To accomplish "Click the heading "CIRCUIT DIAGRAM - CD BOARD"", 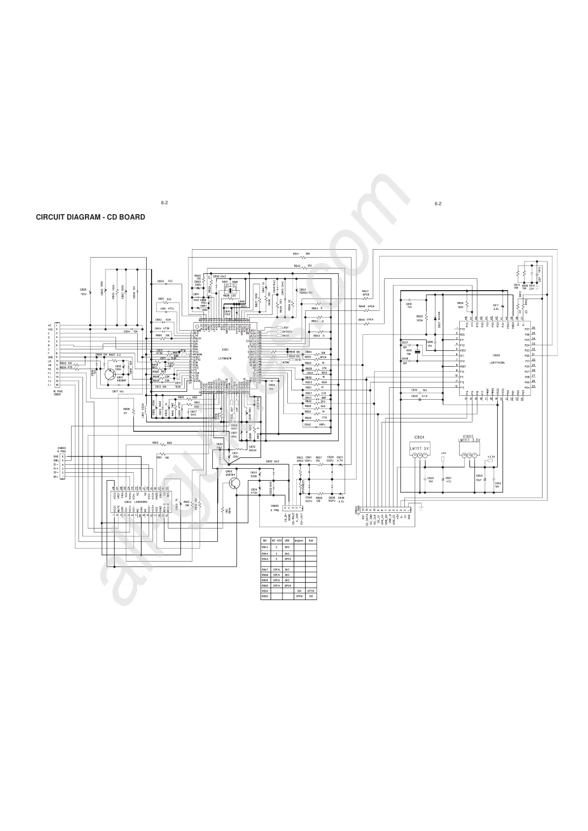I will [x=90, y=217].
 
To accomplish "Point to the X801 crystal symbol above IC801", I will [x=228, y=287].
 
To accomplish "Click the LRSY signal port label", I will [x=285, y=328].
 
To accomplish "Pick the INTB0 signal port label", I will [x=285, y=363].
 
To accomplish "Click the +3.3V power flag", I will [x=490, y=457].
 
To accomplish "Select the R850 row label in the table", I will [x=265, y=585].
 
